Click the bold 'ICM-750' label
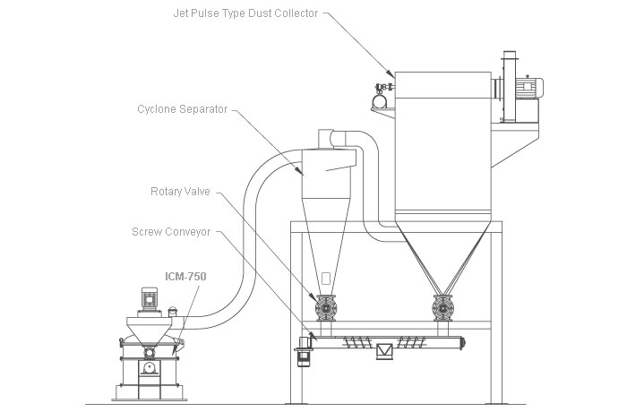pos(185,277)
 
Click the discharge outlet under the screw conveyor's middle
pos(383,352)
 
